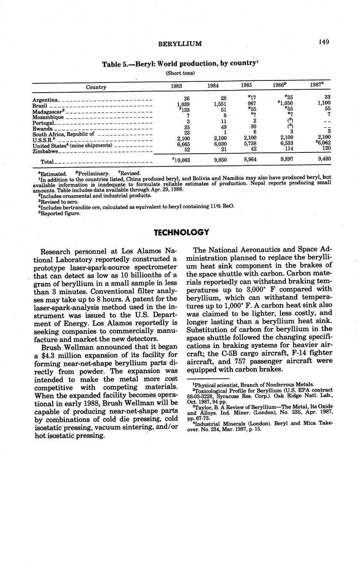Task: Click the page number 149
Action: [324, 42]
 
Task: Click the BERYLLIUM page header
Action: [180, 44]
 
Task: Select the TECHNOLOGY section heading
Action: [181, 233]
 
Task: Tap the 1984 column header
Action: [213, 86]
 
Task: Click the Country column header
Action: [96, 87]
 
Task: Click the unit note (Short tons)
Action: [180, 73]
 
